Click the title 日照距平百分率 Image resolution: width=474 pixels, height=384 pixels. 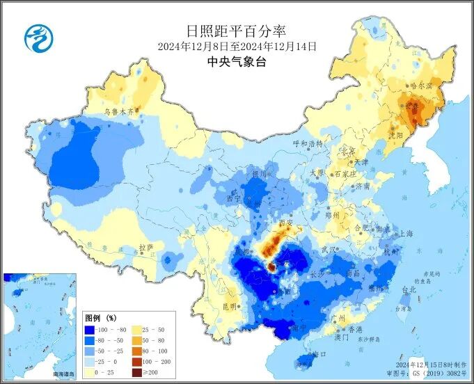pos(237,31)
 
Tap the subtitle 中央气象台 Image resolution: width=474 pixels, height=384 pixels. pos(237,62)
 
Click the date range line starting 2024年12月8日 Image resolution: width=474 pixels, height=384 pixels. pos(237,47)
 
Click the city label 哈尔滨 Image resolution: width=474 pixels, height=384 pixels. pos(421,86)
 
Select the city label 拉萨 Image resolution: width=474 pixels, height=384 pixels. pos(145,247)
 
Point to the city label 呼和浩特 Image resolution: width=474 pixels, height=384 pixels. pos(308,143)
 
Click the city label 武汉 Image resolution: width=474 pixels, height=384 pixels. pos(328,249)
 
